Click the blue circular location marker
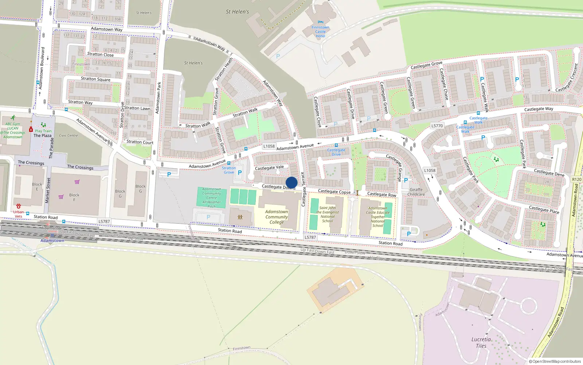tap(291, 182)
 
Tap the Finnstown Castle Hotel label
tap(320, 32)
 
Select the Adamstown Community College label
tap(277, 217)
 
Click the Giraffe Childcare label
tap(416, 192)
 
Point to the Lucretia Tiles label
tap(481, 342)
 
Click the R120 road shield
tap(577, 179)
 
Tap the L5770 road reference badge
tap(437, 126)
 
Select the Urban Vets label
tap(19, 214)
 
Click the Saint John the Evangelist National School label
tap(327, 214)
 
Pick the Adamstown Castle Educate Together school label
tap(378, 217)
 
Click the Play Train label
tap(43, 131)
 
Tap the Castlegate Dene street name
tap(549, 173)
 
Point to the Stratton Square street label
tap(95, 79)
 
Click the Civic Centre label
tap(69, 135)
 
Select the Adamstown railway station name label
tap(52, 241)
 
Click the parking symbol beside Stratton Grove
tap(239, 173)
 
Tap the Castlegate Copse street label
tap(334, 192)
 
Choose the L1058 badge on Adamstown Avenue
tap(269, 146)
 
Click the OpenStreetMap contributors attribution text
tap(555, 362)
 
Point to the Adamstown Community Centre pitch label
tap(211, 198)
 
